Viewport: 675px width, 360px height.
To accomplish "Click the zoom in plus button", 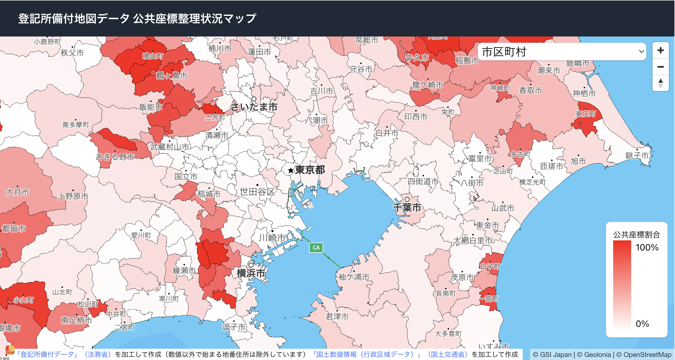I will [660, 51].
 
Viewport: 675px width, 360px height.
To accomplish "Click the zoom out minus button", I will [660, 67].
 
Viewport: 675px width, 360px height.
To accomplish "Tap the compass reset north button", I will [660, 83].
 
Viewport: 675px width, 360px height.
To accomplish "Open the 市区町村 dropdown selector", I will [562, 52].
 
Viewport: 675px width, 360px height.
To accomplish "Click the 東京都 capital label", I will [310, 170].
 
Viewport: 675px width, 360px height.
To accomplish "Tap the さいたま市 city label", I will [254, 107].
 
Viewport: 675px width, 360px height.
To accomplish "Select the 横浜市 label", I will [251, 273].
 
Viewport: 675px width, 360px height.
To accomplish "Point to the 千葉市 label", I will [407, 208].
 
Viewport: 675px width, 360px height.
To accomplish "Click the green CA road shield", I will [316, 248].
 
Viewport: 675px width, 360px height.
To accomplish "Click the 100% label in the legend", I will [647, 247].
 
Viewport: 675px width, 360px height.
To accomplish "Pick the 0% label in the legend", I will [642, 324].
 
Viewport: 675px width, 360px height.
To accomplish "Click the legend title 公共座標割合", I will [637, 234].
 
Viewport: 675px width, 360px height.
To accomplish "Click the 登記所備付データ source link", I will [47, 354].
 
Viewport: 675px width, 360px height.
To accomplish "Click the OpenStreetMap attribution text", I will [647, 355].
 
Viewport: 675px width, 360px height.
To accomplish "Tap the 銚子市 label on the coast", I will [637, 155].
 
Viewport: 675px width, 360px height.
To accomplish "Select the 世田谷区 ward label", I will [257, 192].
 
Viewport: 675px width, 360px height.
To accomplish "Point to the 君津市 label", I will [337, 316].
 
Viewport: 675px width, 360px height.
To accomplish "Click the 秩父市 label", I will [72, 53].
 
